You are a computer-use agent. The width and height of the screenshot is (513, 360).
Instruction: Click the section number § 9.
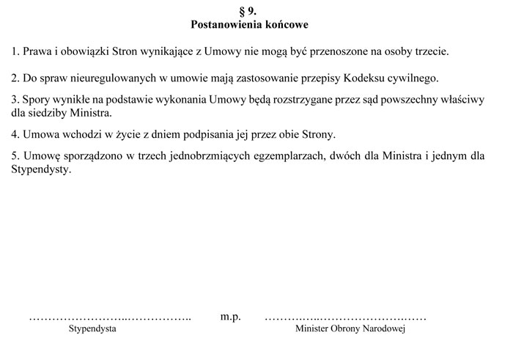click(249, 11)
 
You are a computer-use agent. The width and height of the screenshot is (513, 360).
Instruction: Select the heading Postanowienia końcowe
click(249, 24)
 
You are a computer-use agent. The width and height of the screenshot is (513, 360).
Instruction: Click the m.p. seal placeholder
click(231, 317)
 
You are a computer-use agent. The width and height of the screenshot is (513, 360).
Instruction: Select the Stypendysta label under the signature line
click(92, 329)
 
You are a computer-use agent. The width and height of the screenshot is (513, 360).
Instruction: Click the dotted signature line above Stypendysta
click(110, 318)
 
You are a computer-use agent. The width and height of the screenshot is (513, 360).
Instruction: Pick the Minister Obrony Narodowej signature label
click(350, 329)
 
